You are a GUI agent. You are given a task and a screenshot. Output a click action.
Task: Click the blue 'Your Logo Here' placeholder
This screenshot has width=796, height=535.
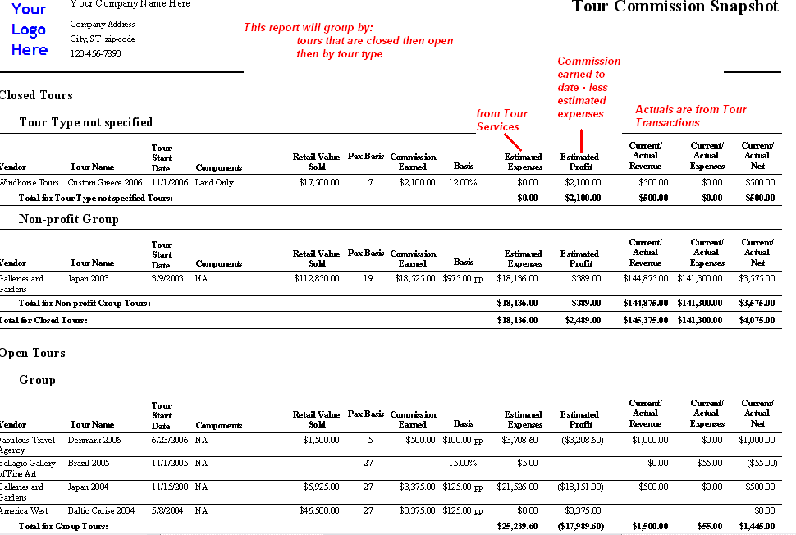(x=30, y=30)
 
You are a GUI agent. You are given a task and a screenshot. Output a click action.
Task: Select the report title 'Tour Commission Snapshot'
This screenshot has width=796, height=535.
(x=675, y=7)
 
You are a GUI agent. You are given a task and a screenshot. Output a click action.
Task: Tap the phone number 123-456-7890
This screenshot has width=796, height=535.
(x=95, y=53)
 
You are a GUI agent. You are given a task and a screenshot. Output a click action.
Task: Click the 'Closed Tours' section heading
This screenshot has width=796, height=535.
(x=36, y=95)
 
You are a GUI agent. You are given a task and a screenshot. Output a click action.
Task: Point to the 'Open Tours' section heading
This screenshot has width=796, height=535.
(x=33, y=353)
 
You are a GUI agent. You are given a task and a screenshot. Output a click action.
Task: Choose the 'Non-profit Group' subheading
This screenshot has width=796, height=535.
(x=69, y=219)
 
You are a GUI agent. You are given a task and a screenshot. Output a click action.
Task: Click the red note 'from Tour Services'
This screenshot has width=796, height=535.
(x=501, y=120)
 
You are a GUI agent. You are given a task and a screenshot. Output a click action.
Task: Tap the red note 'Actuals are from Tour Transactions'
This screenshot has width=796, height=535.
(x=691, y=116)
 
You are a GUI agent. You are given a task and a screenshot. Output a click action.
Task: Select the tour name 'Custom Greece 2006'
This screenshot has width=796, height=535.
(x=105, y=182)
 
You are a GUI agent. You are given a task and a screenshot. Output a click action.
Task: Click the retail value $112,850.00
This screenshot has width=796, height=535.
(x=317, y=279)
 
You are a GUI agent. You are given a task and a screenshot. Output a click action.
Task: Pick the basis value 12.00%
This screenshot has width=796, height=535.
(x=463, y=182)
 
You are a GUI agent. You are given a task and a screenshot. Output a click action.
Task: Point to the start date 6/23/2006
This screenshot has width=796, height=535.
(x=171, y=440)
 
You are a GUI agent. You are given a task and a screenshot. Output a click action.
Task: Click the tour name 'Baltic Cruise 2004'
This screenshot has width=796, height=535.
(x=102, y=510)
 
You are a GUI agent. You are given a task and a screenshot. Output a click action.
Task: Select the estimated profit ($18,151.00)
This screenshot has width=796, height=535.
(x=580, y=487)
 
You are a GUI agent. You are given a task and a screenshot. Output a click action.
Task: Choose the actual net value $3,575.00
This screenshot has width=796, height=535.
(x=757, y=279)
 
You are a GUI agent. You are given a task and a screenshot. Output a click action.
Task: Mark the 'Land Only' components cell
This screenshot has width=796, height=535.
(x=214, y=182)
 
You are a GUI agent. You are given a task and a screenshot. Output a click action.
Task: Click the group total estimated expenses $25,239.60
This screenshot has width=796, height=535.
(x=517, y=526)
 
